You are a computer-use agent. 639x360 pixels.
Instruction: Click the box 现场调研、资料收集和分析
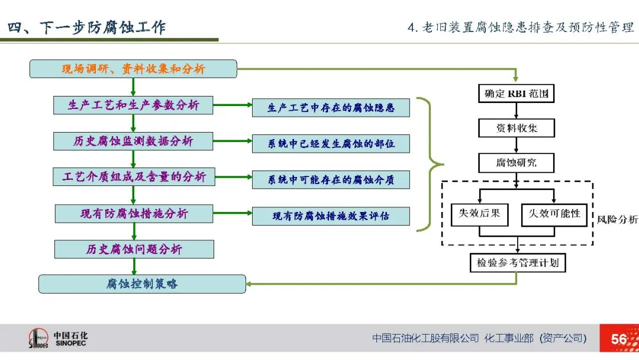133,69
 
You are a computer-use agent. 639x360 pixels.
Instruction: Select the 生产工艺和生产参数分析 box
133,105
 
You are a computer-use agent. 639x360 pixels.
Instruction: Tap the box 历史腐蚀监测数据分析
133,141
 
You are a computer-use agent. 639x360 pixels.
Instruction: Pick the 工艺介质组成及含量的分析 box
133,176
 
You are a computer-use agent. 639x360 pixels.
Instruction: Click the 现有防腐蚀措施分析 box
134,213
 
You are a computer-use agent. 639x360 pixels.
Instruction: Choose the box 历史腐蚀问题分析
134,249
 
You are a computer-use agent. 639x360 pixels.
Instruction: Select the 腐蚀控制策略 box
142,284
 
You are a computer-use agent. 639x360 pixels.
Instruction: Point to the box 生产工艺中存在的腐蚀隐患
331,108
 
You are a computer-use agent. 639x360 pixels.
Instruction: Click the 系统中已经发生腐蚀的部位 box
331,144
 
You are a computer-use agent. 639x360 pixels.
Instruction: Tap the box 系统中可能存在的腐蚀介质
331,180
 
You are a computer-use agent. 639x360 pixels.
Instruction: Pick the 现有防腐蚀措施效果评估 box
331,216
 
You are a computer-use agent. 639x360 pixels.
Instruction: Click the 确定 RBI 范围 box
517,94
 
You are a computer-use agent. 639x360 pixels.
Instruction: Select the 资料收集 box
517,128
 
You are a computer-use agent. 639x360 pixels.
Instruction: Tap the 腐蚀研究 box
517,162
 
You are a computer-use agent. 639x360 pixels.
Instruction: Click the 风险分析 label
617,220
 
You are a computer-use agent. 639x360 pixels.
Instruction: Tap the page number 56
619,339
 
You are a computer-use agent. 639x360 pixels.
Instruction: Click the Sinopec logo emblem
40,339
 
